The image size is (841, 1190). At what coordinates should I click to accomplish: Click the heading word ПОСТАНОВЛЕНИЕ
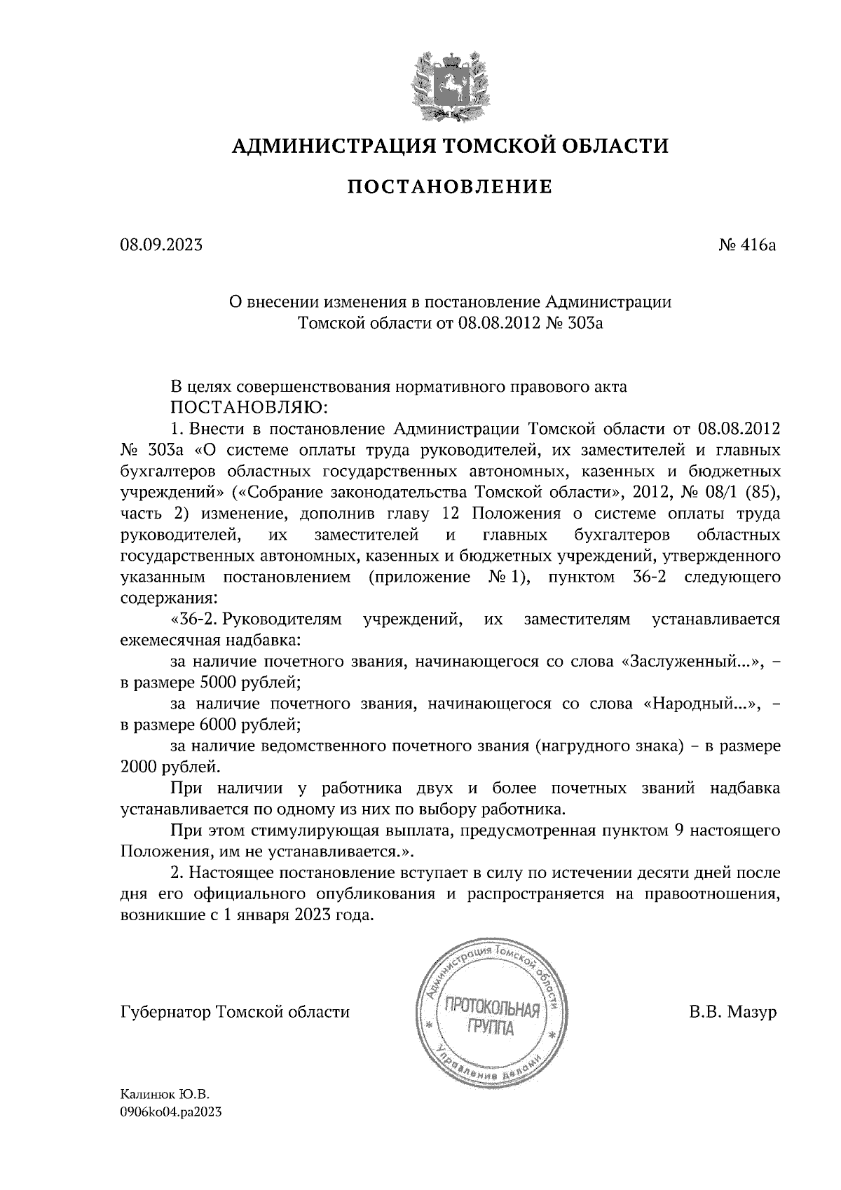(x=450, y=187)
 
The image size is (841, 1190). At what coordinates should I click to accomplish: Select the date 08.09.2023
(x=162, y=245)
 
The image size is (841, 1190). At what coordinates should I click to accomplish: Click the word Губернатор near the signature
(x=166, y=1013)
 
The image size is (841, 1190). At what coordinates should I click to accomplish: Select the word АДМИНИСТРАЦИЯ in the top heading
(x=327, y=146)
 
